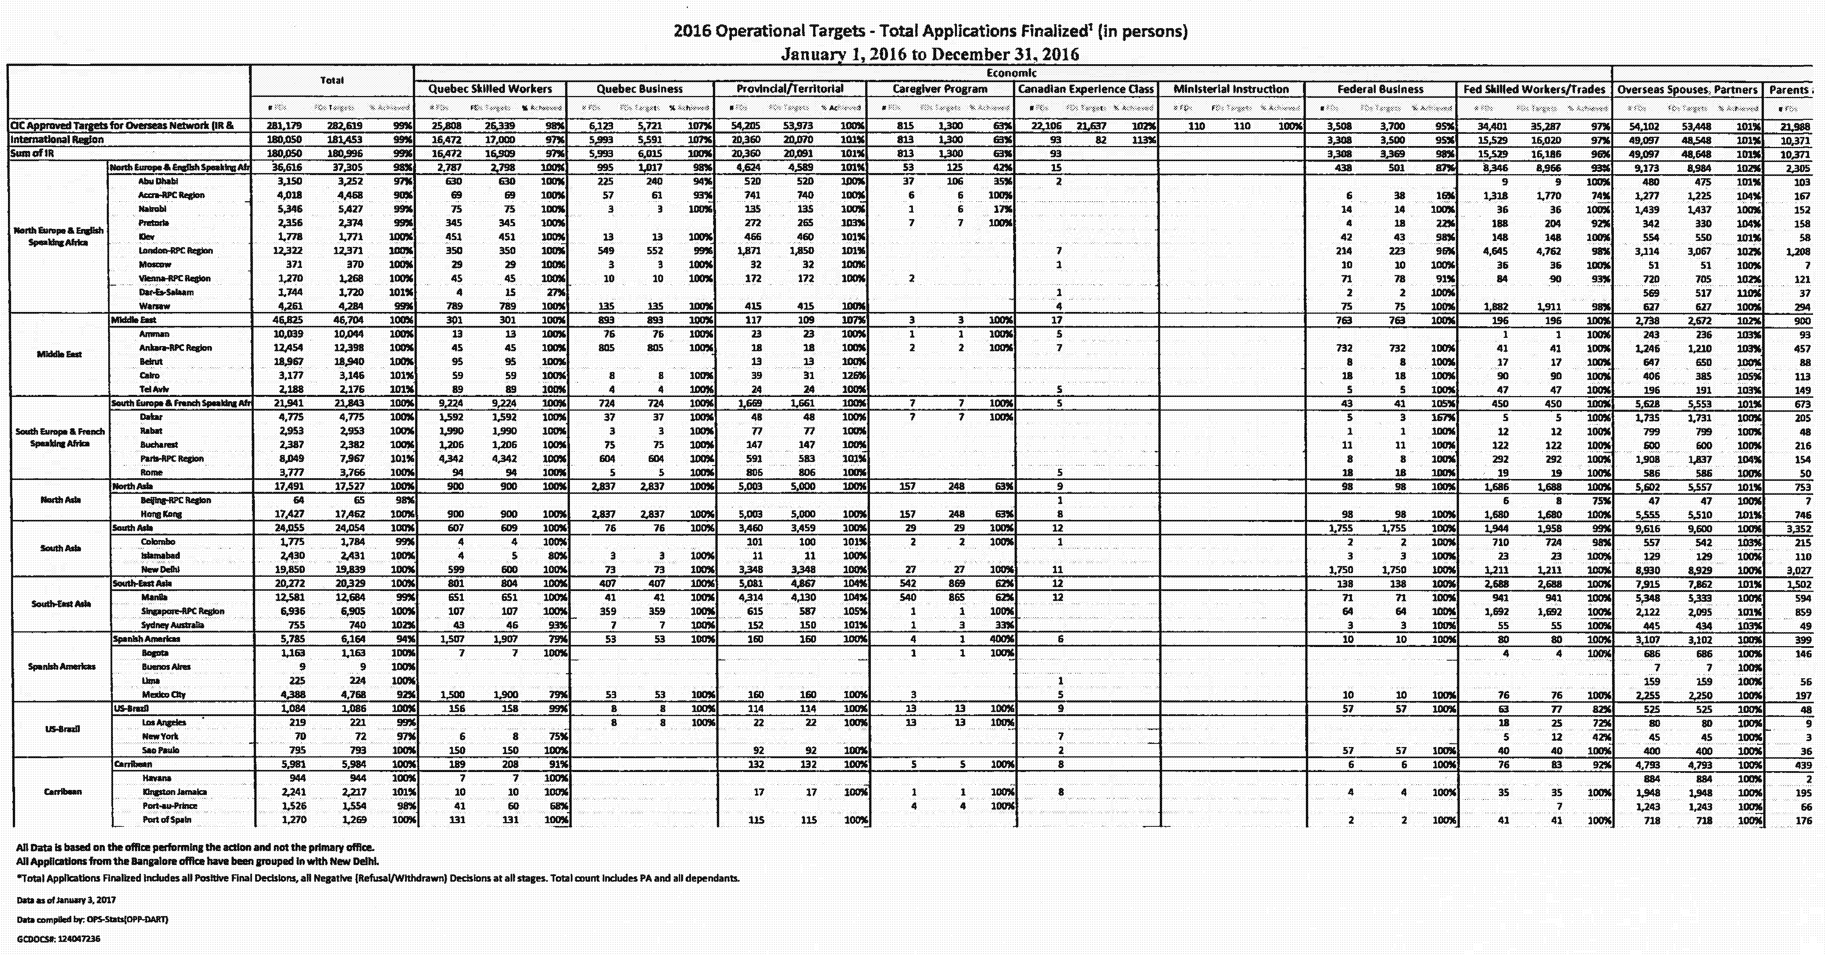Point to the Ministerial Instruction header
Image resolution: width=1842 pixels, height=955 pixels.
(1231, 90)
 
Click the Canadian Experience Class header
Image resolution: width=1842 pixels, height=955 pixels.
(1085, 90)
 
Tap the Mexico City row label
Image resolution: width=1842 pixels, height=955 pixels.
(164, 694)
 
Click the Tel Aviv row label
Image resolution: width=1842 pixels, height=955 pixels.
(155, 389)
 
